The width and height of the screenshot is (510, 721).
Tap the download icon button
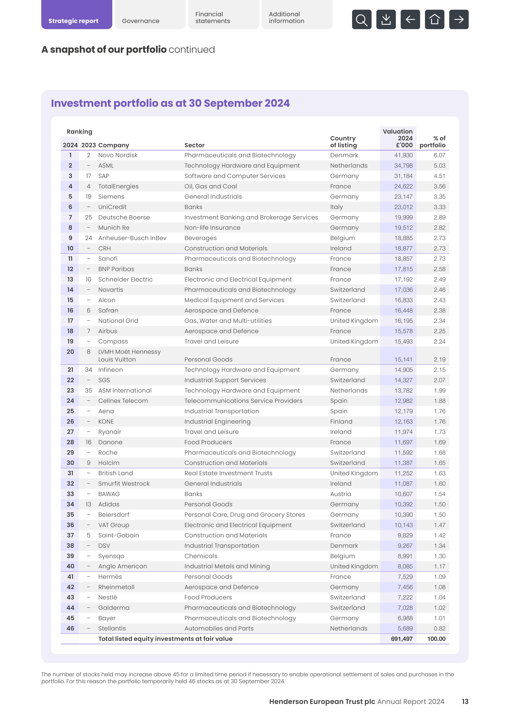pyautogui.click(x=386, y=19)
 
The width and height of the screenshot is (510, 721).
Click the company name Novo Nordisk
pyautogui.click(x=118, y=155)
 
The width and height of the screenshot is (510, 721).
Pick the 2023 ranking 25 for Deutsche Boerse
pyautogui.click(x=89, y=217)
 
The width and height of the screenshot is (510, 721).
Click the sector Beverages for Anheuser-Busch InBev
pyautogui.click(x=200, y=238)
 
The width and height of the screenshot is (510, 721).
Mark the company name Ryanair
pyautogui.click(x=110, y=432)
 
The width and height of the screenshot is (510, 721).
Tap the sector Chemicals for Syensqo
pyautogui.click(x=201, y=556)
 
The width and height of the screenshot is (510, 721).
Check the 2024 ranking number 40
pyautogui.click(x=70, y=566)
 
